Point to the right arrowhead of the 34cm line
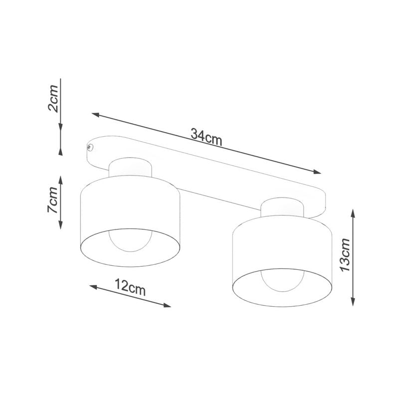(318, 173)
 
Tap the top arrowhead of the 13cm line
(353, 212)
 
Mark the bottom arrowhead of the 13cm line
(353, 302)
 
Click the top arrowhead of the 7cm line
(61, 179)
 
